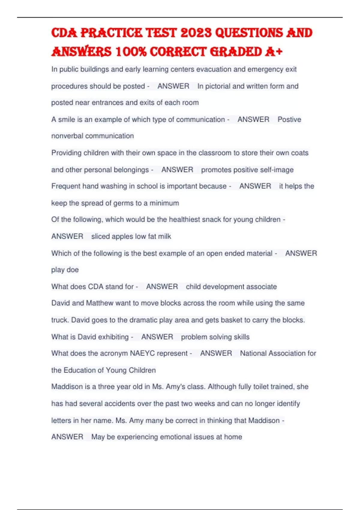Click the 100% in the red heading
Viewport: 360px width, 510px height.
pos(131,52)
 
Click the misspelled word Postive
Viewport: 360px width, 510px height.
pos(289,119)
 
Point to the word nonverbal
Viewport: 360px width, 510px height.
pos(67,136)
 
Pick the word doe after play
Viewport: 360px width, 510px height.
pos(73,270)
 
